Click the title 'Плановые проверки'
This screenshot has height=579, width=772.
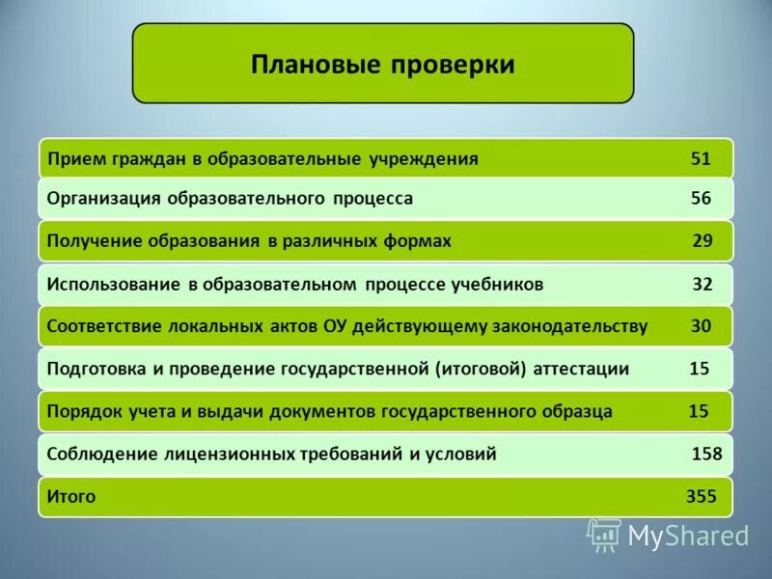click(x=383, y=65)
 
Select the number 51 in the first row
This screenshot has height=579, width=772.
click(x=701, y=159)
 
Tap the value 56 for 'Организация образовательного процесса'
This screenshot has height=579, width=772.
click(x=701, y=199)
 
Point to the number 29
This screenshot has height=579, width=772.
click(x=703, y=241)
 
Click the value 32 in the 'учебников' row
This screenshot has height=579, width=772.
click(x=703, y=285)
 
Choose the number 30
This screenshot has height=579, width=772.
click(x=701, y=327)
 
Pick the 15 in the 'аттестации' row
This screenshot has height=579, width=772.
click(x=700, y=369)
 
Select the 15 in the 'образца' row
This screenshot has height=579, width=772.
click(x=699, y=412)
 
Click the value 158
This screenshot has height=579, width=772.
click(x=706, y=454)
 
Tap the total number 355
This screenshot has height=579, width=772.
click(x=701, y=497)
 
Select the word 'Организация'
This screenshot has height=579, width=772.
click(x=104, y=199)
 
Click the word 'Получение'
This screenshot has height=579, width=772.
click(x=94, y=241)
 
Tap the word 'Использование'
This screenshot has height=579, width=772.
click(x=114, y=285)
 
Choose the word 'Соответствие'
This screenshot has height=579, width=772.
click(x=106, y=327)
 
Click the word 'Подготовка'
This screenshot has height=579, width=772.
click(x=95, y=369)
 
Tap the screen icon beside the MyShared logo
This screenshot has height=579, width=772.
click(x=604, y=535)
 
